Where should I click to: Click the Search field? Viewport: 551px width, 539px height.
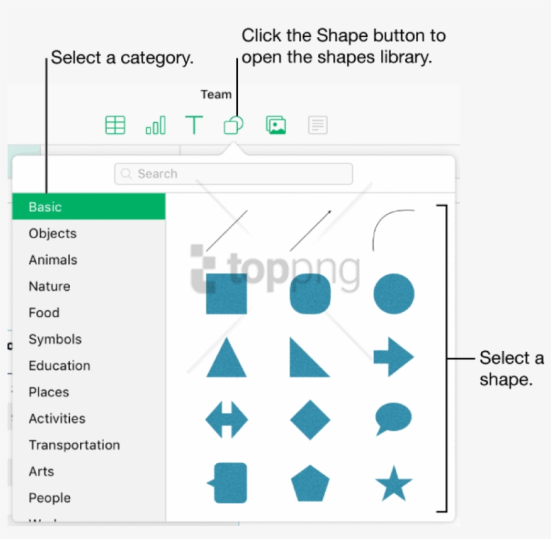(233, 174)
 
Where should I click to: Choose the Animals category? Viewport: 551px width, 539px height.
(52, 260)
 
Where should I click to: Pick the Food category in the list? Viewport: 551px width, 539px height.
(44, 313)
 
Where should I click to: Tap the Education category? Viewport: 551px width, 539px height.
(59, 366)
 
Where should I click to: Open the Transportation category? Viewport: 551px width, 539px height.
(74, 445)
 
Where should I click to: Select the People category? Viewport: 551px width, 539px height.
(49, 498)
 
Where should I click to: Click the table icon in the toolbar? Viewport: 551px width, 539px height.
(115, 126)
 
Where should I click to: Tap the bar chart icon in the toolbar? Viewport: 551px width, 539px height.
(155, 126)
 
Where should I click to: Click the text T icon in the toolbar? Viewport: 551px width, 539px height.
(194, 126)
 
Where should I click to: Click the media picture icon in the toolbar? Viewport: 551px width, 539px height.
(276, 126)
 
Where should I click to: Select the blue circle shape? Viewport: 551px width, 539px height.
(394, 294)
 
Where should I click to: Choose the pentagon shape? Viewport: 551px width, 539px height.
(310, 483)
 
